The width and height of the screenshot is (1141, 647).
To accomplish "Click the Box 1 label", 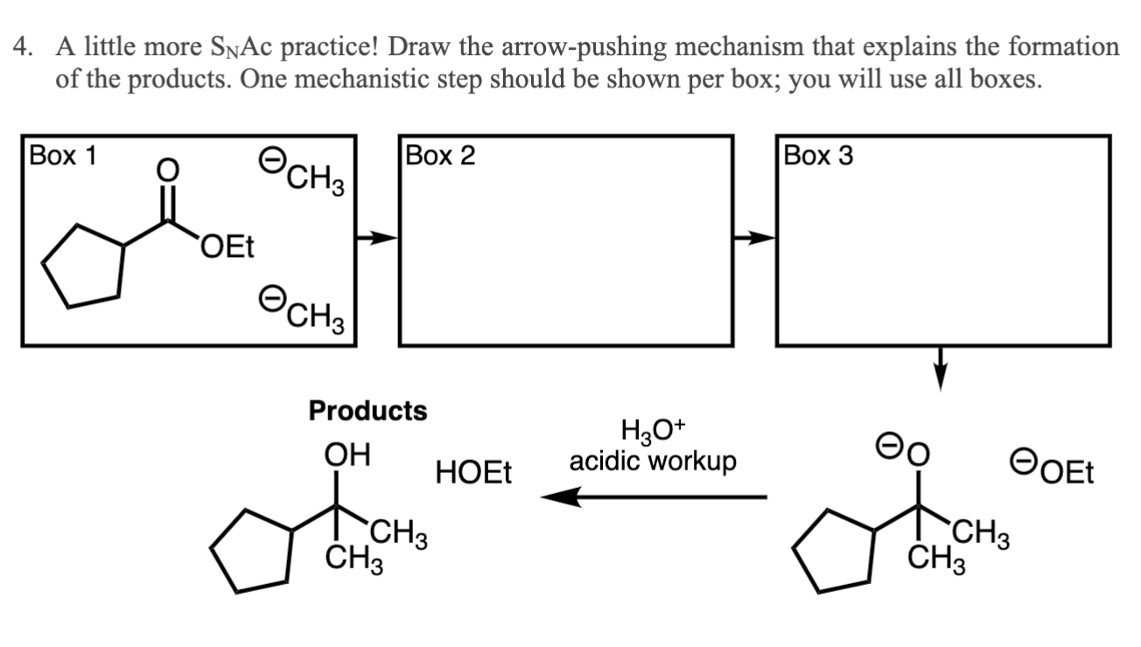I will [x=64, y=156].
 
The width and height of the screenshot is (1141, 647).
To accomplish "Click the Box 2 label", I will [x=441, y=156].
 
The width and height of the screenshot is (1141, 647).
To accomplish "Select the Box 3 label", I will [x=818, y=156].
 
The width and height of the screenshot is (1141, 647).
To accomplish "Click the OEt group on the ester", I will [x=226, y=248].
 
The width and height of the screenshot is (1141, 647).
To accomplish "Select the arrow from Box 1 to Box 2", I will [x=376, y=237].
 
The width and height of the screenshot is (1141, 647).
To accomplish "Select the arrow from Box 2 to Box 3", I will [x=753, y=237].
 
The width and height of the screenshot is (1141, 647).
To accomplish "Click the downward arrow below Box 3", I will [x=941, y=367].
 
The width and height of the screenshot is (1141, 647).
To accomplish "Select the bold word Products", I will [x=367, y=410].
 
